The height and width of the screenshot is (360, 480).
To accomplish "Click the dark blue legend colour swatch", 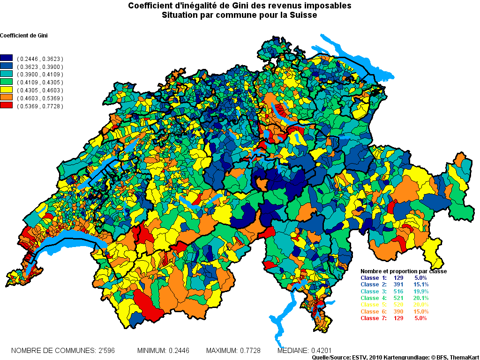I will tap(7, 59).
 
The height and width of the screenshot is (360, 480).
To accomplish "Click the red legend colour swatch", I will tap(7, 106).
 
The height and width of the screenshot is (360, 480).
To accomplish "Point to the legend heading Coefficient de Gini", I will tap(24, 36).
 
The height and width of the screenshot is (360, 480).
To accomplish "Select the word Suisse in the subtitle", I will tap(304, 15).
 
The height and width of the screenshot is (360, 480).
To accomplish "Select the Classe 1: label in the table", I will tap(374, 278).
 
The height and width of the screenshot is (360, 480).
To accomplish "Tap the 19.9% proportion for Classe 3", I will tap(420, 291).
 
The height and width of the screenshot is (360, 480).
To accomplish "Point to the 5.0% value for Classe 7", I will tap(420, 318).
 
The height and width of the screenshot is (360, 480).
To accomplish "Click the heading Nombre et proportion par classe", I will tap(403, 271).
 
